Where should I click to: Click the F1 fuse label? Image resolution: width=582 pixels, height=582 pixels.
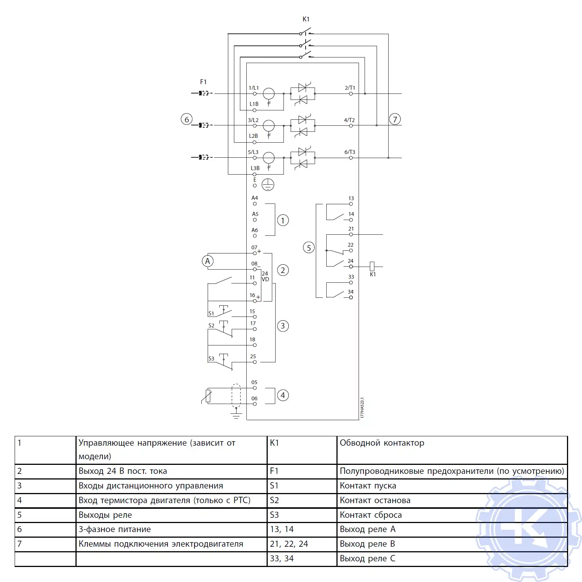click(x=203, y=82)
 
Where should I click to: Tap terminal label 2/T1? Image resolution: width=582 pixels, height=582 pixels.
click(x=350, y=88)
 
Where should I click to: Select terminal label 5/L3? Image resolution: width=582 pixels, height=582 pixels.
click(x=253, y=152)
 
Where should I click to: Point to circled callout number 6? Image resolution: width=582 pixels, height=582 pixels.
click(x=187, y=119)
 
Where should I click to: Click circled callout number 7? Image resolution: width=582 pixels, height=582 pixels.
click(x=395, y=119)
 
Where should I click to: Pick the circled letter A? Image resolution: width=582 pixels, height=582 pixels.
click(x=208, y=261)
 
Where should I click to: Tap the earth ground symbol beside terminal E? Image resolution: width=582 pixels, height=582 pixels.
click(x=268, y=184)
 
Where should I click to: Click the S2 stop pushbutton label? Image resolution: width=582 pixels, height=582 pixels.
click(x=211, y=326)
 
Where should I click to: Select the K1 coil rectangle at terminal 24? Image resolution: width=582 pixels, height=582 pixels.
click(x=372, y=266)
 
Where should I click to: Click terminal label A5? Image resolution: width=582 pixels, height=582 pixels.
click(x=255, y=214)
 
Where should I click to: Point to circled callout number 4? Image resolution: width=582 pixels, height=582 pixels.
click(x=283, y=395)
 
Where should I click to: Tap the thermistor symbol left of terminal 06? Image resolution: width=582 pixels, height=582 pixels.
click(x=208, y=396)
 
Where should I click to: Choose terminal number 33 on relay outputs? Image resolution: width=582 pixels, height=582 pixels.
click(x=351, y=277)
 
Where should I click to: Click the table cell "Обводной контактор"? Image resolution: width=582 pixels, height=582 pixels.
click(x=382, y=443)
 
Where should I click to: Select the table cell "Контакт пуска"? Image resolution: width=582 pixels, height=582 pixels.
click(x=368, y=486)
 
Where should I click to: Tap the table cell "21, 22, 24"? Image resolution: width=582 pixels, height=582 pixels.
click(x=289, y=544)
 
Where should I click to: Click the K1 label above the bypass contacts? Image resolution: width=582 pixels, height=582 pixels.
click(x=306, y=19)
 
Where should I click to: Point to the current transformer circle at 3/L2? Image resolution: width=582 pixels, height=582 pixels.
click(x=268, y=125)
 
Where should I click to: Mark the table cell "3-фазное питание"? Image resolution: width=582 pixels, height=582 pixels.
click(x=115, y=529)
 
